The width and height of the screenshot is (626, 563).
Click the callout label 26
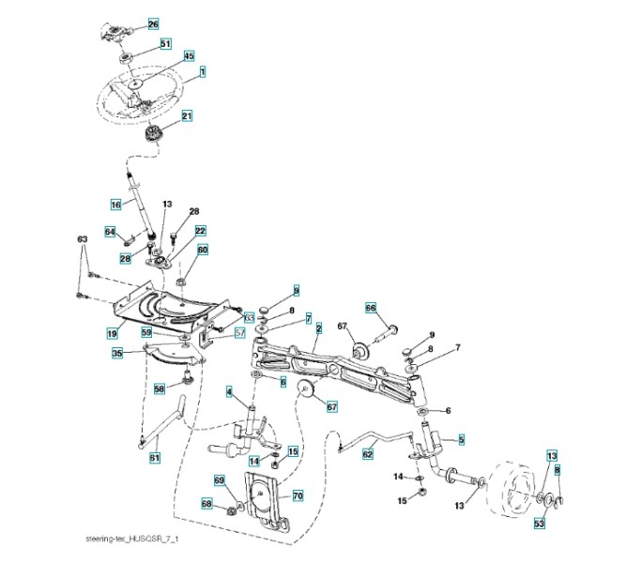tap(154, 23)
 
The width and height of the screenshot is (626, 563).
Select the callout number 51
tap(165, 43)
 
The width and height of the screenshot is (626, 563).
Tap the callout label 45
tap(189, 56)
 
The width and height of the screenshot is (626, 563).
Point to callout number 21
tap(187, 116)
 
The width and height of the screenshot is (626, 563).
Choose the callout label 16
tap(116, 203)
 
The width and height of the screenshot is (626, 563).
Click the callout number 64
tap(110, 232)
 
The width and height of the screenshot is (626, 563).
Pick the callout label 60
tap(202, 251)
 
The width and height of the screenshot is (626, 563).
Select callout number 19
tap(112, 332)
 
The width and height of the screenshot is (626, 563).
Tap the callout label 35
tap(117, 354)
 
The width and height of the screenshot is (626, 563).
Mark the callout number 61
tap(155, 457)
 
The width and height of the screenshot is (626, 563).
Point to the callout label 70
tap(298, 494)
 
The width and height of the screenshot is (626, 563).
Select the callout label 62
tap(368, 453)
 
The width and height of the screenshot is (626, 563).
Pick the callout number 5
tap(461, 438)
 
